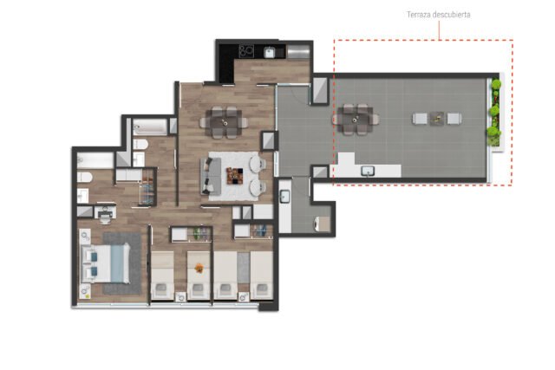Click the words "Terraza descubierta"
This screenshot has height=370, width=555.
tap(438, 15)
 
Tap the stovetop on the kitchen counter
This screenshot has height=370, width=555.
tap(246, 51)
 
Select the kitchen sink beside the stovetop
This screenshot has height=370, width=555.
tap(270, 52)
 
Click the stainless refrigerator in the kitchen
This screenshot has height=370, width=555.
tap(298, 52)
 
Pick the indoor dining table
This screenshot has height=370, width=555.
tap(224, 122)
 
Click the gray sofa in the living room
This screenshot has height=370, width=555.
tap(211, 176)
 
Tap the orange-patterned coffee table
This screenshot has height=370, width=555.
tap(235, 176)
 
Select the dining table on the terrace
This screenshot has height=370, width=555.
tap(355, 120)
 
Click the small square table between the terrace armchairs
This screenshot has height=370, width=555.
tap(437, 119)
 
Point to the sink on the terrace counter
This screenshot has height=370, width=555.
tap(368, 172)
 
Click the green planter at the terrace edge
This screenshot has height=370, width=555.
tap(495, 113)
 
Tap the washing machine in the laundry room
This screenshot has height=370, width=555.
tap(322, 224)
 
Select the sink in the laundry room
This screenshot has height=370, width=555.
tap(285, 197)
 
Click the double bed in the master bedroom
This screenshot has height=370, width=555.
tap(106, 263)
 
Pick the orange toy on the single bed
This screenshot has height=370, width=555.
tap(199, 268)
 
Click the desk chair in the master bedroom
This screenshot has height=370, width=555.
tap(105, 218)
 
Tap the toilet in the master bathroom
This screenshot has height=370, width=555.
tap(85, 177)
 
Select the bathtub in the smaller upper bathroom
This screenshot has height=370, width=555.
tap(150, 127)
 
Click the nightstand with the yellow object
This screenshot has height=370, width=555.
tap(85, 292)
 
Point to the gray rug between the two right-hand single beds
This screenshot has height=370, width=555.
tap(244, 268)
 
